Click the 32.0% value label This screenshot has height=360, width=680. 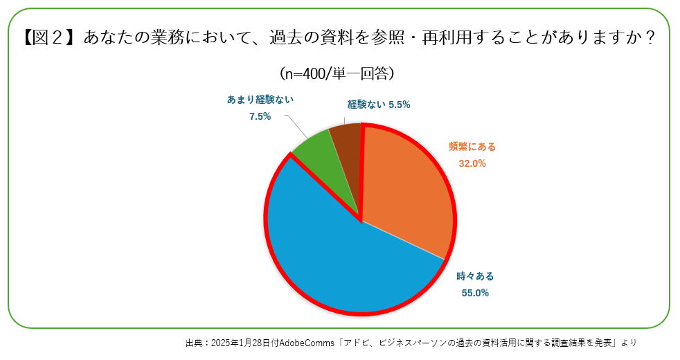[x=472, y=163]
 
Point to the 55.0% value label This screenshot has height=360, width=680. [x=475, y=292]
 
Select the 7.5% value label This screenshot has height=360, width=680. [x=260, y=116]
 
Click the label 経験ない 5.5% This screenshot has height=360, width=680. [x=379, y=105]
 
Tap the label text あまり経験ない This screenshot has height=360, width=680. [x=260, y=100]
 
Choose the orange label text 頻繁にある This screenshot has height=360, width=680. [x=472, y=147]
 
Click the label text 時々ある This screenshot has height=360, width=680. [x=475, y=276]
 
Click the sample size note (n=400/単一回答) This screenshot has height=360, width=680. [x=337, y=73]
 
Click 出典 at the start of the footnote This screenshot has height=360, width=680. [x=194, y=343]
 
